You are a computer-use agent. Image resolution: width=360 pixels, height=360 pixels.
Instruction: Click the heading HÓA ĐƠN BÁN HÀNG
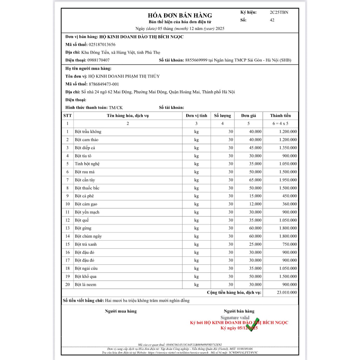(180, 15)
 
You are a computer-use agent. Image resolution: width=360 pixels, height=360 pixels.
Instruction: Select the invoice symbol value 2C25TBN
(279, 12)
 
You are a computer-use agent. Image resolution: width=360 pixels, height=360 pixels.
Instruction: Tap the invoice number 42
(272, 20)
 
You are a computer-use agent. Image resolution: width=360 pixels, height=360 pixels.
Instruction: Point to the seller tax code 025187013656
(102, 45)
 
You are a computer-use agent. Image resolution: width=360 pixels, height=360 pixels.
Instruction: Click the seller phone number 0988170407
(98, 60)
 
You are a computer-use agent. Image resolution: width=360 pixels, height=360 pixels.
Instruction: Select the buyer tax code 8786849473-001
(104, 84)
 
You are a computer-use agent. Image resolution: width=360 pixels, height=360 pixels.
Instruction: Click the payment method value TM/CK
(116, 108)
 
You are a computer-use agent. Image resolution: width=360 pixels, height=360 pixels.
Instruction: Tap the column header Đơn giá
(248, 116)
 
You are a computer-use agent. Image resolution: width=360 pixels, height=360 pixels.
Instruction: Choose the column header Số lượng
(223, 116)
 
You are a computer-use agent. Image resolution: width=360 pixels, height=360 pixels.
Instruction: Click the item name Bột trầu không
(88, 131)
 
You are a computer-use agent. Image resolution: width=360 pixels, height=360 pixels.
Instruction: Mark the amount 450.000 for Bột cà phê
(290, 196)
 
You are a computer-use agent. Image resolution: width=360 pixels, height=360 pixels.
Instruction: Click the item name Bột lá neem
(85, 284)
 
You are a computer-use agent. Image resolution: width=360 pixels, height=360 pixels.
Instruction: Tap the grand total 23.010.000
(287, 292)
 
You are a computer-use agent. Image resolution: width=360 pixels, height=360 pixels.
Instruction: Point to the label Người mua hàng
(121, 311)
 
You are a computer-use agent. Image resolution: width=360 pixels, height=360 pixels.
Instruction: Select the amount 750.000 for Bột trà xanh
(290, 244)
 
